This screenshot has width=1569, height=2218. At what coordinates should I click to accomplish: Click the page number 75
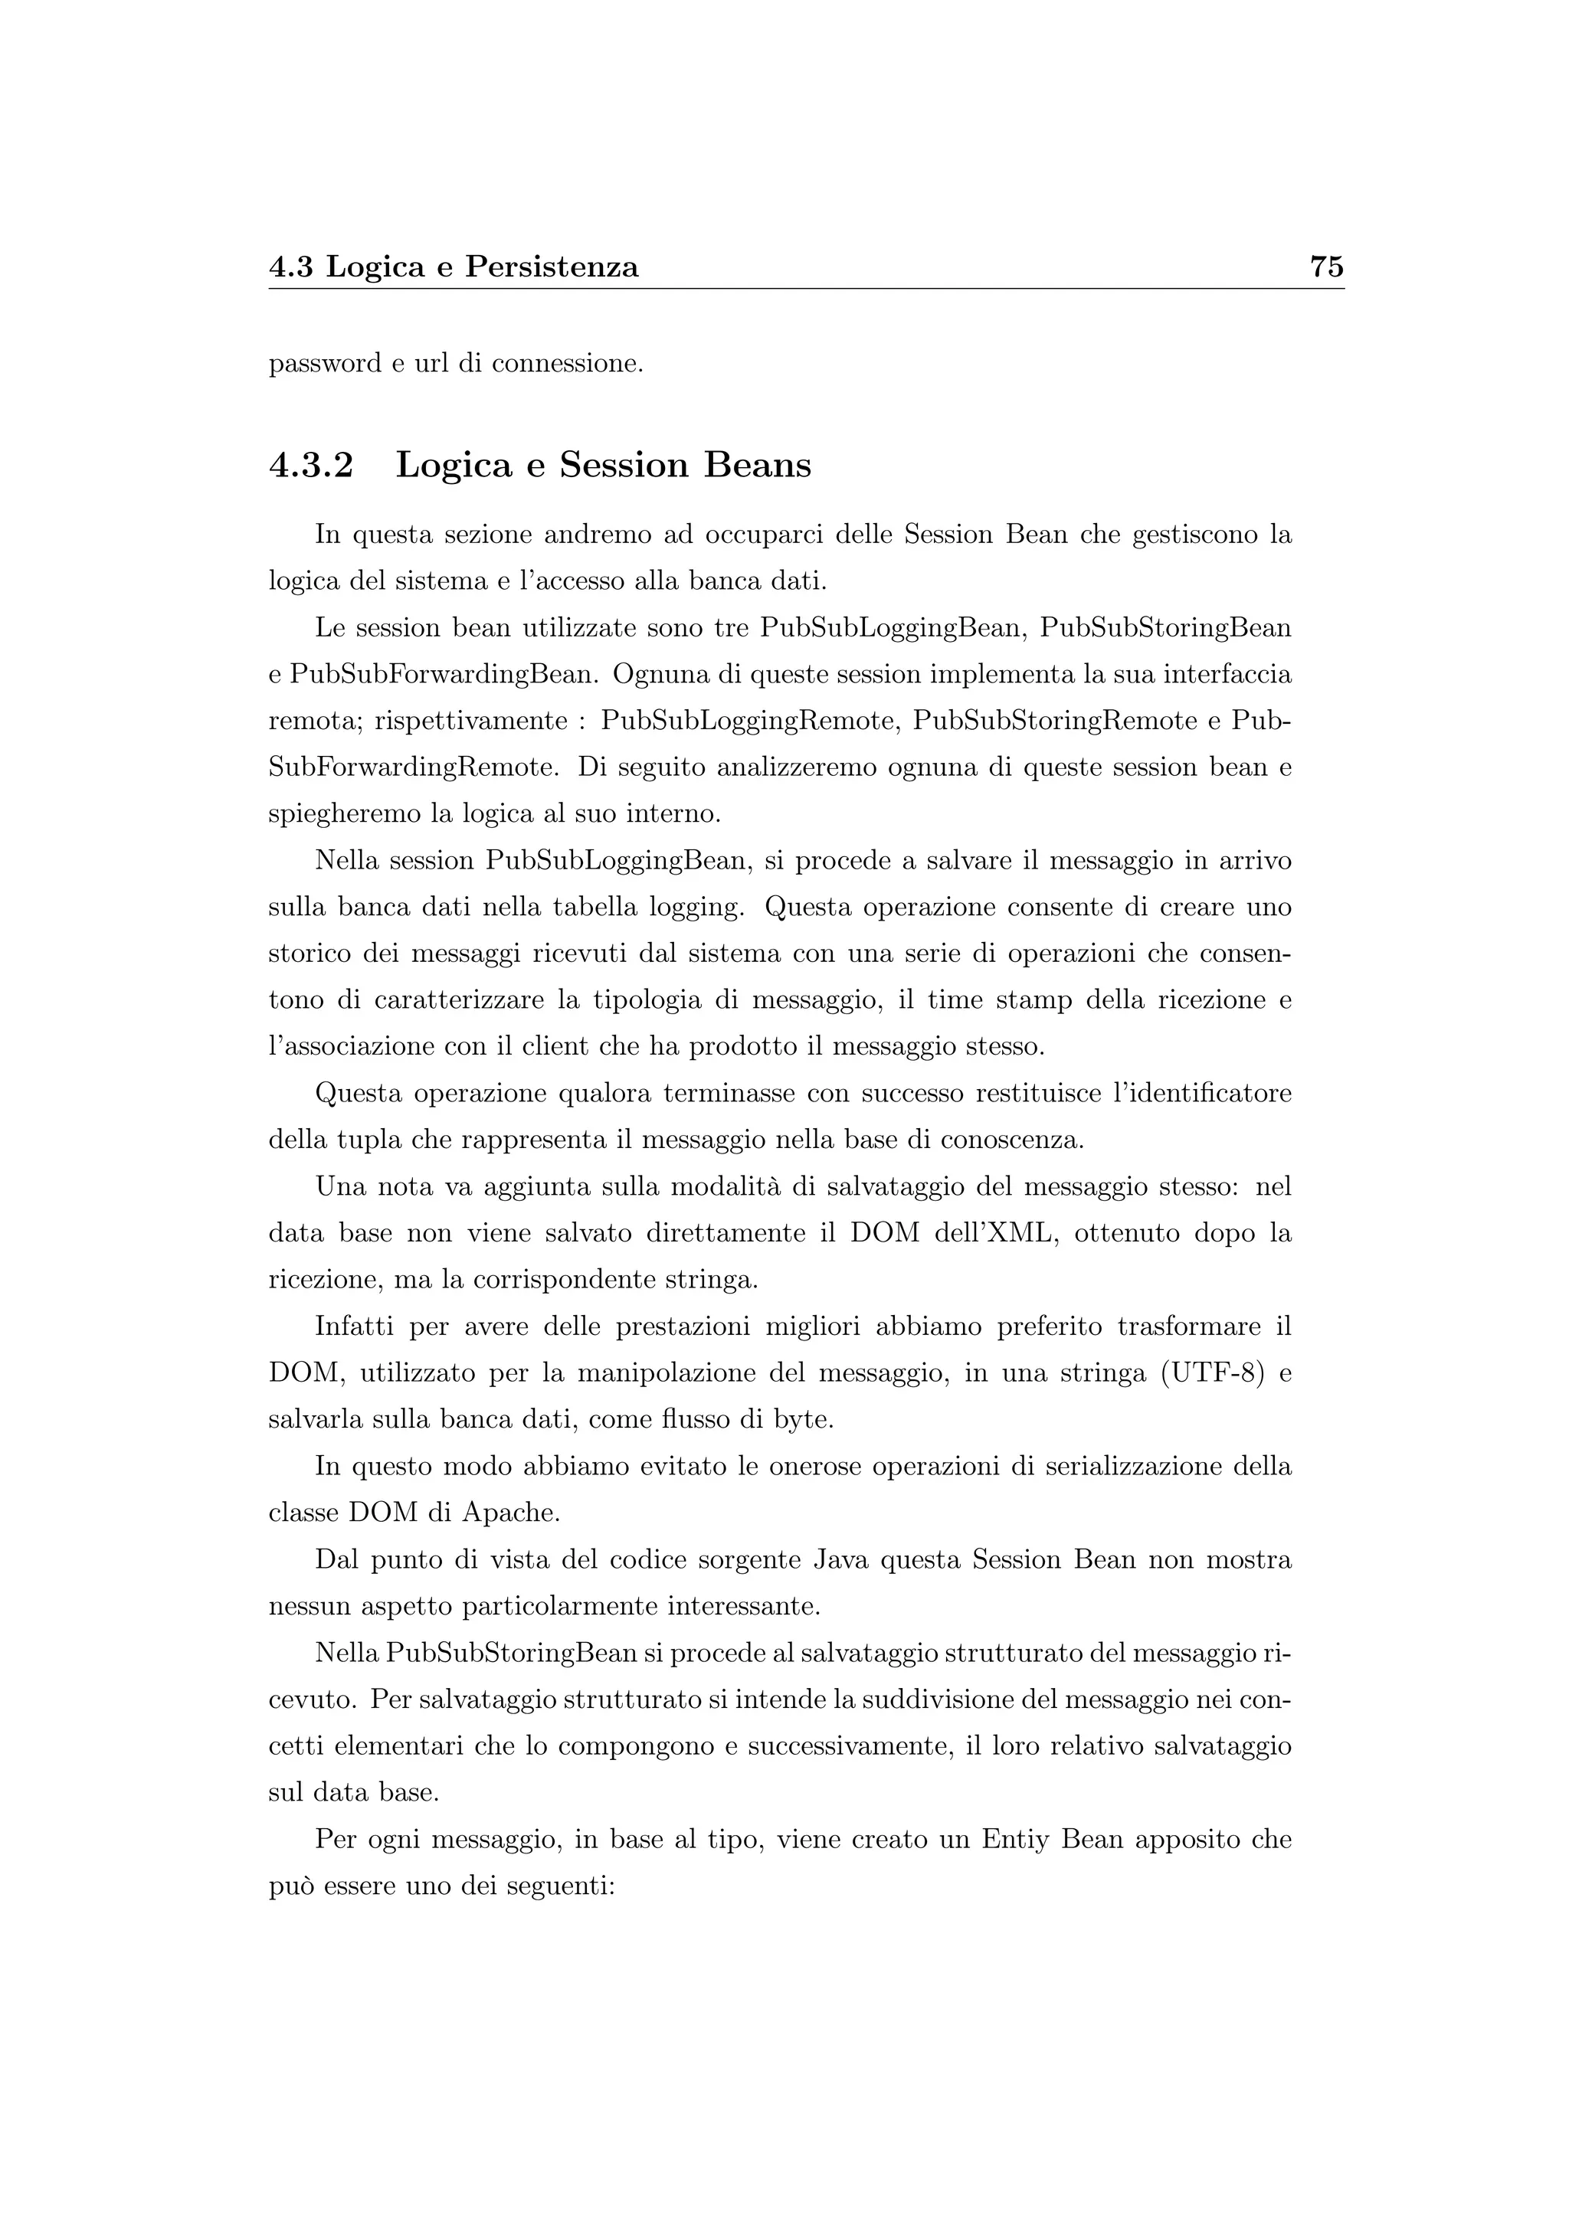pos(1326,267)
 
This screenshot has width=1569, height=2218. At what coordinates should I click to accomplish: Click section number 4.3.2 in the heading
pos(311,466)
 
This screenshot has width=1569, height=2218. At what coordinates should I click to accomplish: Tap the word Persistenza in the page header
pos(552,267)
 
